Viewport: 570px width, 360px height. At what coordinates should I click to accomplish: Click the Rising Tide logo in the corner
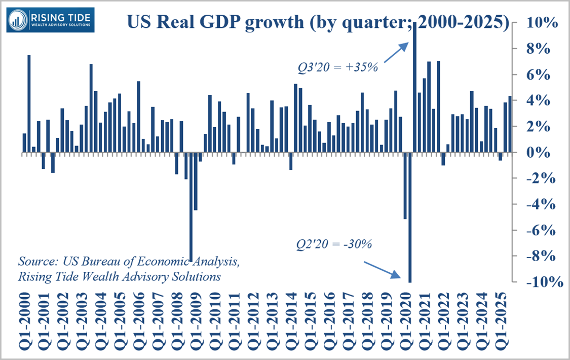click(x=51, y=19)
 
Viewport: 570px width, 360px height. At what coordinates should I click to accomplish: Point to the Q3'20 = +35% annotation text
click(x=337, y=66)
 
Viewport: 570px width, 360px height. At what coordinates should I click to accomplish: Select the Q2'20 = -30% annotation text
click(x=334, y=244)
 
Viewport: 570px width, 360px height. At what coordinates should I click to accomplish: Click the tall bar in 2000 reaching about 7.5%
click(x=29, y=103)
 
